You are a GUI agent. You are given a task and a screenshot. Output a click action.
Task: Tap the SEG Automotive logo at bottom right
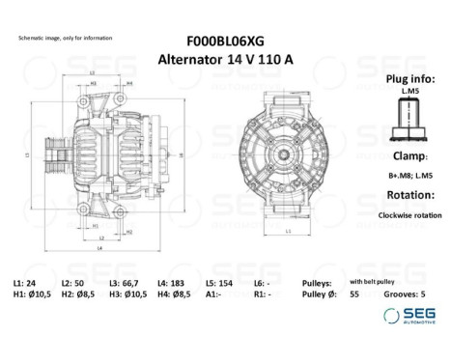(x=405, y=315)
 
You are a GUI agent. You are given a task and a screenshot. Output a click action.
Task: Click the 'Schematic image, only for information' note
(x=65, y=38)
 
